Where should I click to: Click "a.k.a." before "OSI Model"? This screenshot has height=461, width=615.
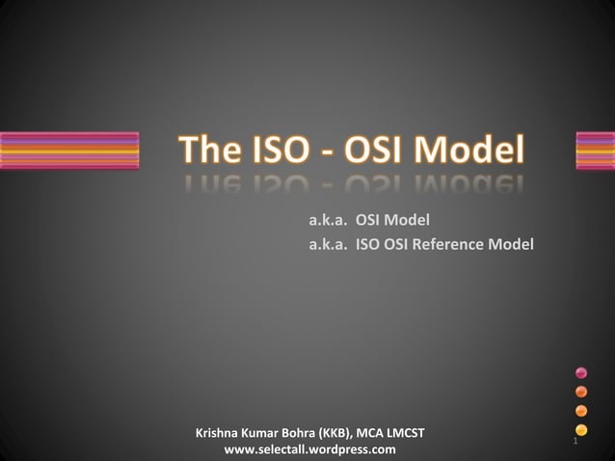pyautogui.click(x=329, y=222)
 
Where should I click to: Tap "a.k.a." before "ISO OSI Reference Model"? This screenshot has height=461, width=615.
pyautogui.click(x=329, y=245)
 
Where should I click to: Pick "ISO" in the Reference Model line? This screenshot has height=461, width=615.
pyautogui.click(x=368, y=245)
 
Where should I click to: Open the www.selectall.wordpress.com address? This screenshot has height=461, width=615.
pyautogui.click(x=309, y=449)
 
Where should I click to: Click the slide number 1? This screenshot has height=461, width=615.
pyautogui.click(x=575, y=442)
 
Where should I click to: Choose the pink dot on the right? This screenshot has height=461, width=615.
pyautogui.click(x=581, y=372)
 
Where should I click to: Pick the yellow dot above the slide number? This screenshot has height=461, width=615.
pyautogui.click(x=581, y=429)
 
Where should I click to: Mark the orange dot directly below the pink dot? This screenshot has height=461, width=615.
pyautogui.click(x=581, y=392)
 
